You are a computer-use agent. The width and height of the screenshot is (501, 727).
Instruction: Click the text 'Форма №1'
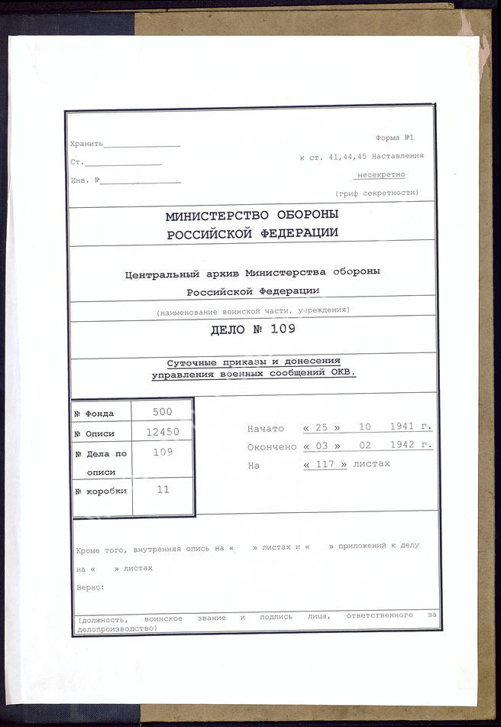(x=395, y=138)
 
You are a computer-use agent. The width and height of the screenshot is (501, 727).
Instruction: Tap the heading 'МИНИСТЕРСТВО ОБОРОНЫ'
(x=251, y=216)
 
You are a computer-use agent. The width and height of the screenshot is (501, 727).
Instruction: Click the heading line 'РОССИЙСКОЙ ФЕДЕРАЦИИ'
(x=252, y=235)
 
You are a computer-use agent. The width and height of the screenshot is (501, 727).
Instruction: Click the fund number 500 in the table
(x=162, y=411)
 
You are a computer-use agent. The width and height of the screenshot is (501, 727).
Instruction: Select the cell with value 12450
(x=162, y=432)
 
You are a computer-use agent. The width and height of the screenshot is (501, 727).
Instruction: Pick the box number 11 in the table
(x=163, y=489)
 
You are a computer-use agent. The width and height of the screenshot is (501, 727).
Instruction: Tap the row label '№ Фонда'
(x=94, y=414)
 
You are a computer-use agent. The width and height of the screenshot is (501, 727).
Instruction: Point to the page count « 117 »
(x=325, y=464)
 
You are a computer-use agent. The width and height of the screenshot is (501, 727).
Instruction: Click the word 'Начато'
(x=265, y=429)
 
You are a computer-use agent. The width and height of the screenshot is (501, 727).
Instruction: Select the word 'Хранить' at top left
(x=85, y=144)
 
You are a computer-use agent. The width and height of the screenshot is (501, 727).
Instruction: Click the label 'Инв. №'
(x=85, y=180)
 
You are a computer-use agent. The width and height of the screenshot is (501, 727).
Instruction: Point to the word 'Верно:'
(x=91, y=587)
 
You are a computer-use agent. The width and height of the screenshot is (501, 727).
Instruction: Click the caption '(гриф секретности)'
(x=377, y=193)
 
